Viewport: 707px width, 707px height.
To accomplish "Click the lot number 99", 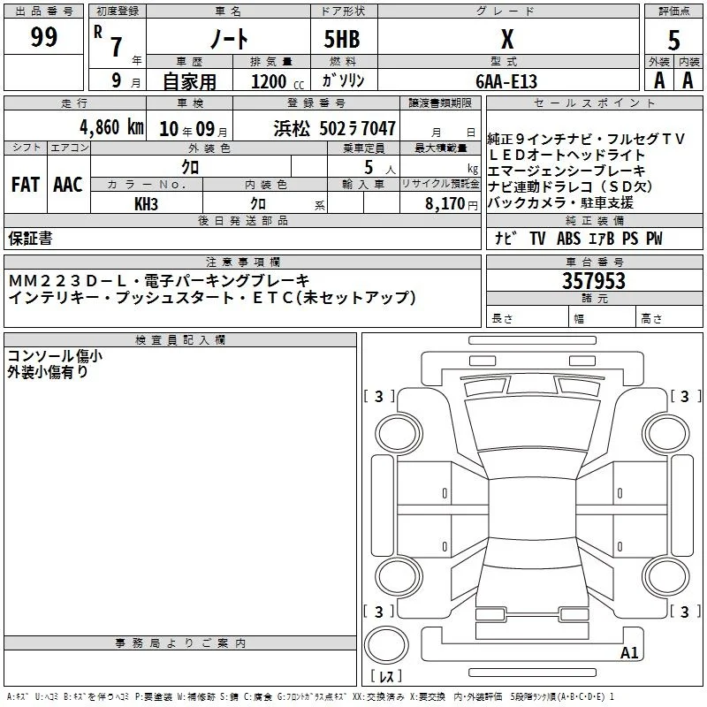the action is pos(43,36).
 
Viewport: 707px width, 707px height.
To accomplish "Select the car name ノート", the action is pos(229,38).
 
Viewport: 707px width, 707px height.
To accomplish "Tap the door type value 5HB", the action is pos(342,39).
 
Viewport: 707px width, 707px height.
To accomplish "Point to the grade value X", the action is pos(507,39).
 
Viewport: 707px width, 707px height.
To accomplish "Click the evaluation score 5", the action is pos(673,40).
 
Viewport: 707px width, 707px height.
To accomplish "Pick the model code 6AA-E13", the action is pos(506,81).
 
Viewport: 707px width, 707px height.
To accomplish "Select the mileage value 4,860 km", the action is pos(112,127).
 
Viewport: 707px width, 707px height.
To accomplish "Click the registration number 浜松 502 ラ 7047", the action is pos(335,128).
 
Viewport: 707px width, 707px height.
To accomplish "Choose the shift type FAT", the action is pos(26,185).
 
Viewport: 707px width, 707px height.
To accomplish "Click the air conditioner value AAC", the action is pos(68,185).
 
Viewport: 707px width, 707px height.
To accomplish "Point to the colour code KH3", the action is pos(146,204).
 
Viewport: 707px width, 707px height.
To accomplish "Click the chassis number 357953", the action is pos(594,281).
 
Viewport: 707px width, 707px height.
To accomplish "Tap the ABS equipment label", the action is pos(568,238).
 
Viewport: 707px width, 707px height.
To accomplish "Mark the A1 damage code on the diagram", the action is pos(629,652).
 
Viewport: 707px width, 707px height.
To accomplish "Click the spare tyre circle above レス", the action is pos(386,645).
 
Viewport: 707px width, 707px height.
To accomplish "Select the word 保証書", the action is pos(30,238).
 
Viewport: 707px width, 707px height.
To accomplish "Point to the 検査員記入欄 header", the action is pos(180,340).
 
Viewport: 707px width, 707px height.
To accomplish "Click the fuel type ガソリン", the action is pos(343,80).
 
